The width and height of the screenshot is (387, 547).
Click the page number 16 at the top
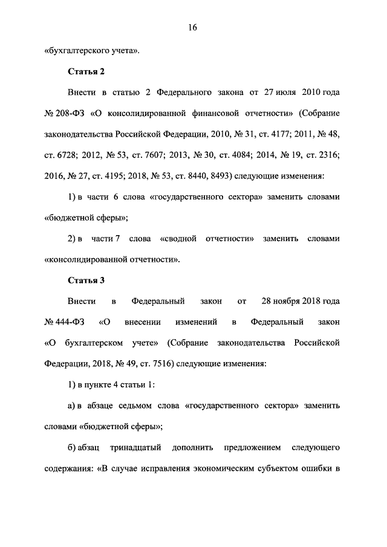tap(193, 27)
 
